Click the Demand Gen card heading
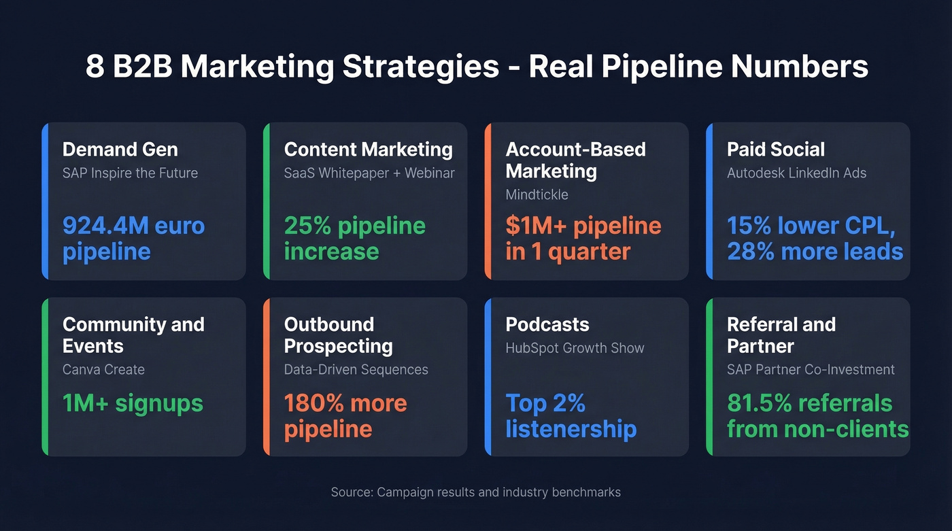tap(120, 150)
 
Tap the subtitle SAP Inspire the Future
tap(130, 173)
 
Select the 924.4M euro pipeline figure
tap(133, 238)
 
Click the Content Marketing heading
tap(368, 150)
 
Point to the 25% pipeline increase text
tap(354, 238)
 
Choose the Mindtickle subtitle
tap(537, 194)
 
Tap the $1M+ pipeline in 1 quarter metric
tap(583, 238)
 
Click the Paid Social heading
tap(775, 150)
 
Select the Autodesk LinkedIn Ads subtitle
tap(796, 173)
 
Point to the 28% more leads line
tap(815, 252)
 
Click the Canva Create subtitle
tap(103, 370)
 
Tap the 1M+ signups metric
tap(133, 403)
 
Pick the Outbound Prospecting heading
tap(338, 335)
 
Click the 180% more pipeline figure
tap(345, 416)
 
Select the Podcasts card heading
tap(547, 324)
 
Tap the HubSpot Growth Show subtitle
tap(575, 348)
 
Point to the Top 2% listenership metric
tap(571, 416)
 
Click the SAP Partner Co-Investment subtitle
tap(811, 370)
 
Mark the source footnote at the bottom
tap(475, 492)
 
